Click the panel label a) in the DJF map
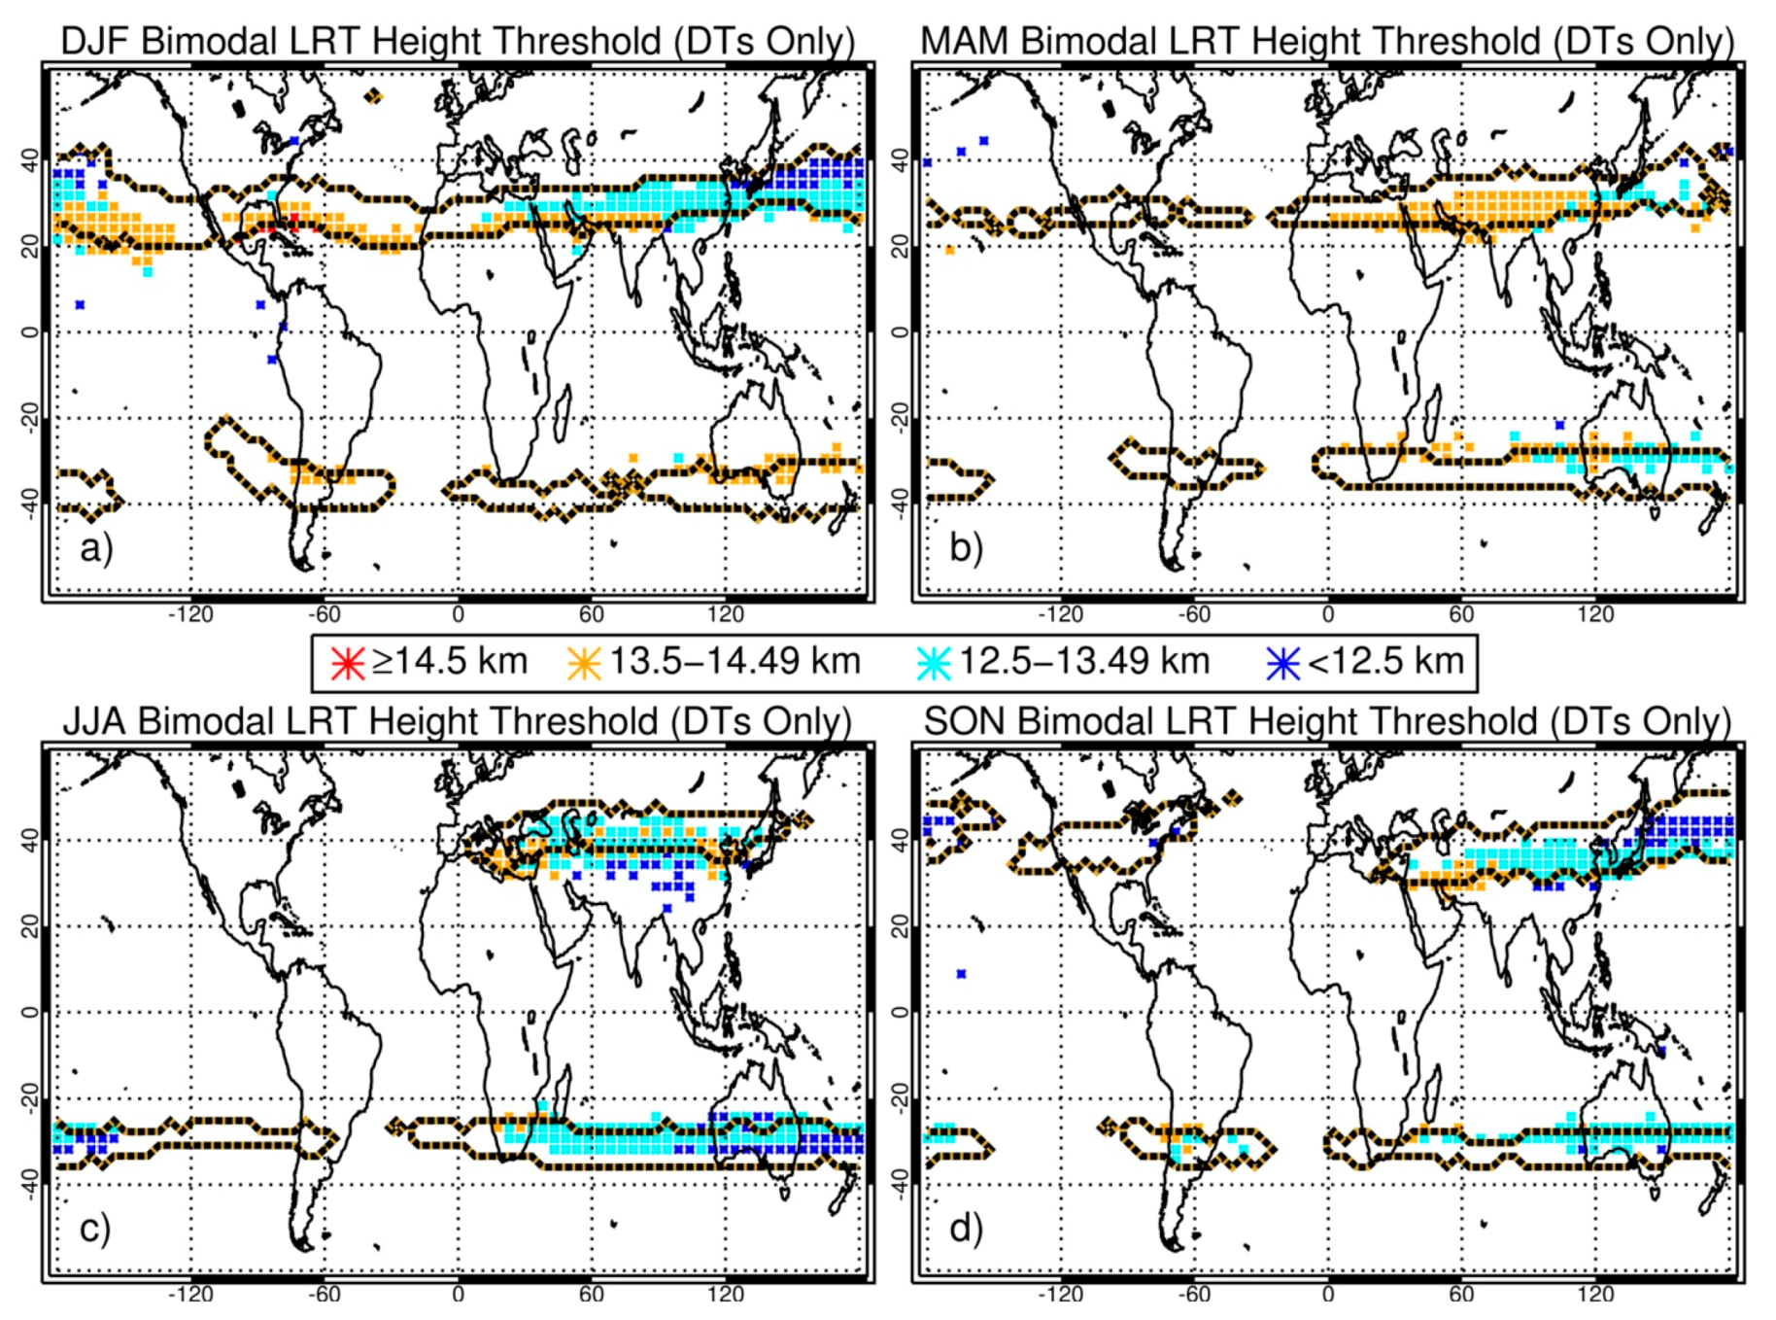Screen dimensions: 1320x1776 tap(95, 549)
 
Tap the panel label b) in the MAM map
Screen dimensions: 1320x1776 tap(966, 549)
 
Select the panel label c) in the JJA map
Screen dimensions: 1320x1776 tap(94, 1230)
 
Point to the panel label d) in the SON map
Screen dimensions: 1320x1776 tap(966, 1230)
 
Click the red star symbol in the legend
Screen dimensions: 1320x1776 tap(347, 663)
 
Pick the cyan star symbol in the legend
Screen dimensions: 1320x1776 tap(934, 663)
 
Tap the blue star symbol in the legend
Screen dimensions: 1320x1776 tap(1283, 663)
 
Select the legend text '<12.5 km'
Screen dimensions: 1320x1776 tap(1385, 661)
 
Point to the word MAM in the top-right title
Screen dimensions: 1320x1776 tap(965, 42)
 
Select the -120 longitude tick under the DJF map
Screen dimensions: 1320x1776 tap(190, 614)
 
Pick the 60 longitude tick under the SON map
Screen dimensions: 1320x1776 tap(1461, 1295)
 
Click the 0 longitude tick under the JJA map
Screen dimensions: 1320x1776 tap(458, 1295)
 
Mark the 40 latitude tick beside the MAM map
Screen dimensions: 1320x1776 tap(900, 160)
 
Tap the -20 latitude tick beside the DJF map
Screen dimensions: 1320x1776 tap(30, 418)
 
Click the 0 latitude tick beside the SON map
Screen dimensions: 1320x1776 tap(900, 1012)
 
